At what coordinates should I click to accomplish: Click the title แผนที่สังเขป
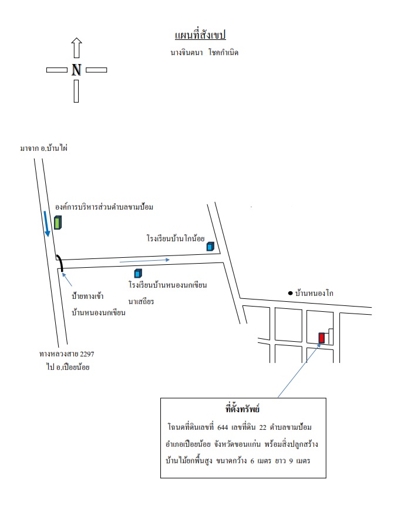200,35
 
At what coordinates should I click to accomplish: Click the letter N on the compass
76,70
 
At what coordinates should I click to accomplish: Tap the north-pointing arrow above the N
76,48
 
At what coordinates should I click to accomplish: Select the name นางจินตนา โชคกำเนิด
204,52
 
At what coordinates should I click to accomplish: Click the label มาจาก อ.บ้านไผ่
44,148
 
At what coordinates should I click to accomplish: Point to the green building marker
58,223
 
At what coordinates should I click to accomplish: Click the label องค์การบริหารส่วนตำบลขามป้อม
104,207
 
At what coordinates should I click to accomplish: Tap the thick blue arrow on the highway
46,224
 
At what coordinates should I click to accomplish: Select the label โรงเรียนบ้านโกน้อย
176,238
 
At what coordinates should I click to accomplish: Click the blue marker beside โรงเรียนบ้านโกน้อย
210,246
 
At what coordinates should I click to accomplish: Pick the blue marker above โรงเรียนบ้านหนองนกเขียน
138,273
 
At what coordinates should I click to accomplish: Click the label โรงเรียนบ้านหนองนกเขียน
168,285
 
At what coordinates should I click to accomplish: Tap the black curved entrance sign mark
60,262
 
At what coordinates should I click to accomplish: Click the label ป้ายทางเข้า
87,296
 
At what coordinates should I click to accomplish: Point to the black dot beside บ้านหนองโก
290,293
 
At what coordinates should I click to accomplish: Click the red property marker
322,338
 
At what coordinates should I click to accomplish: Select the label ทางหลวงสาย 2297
67,354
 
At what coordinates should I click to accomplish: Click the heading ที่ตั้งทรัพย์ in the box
243,409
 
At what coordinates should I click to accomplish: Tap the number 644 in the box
223,428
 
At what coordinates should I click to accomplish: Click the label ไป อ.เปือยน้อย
68,367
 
